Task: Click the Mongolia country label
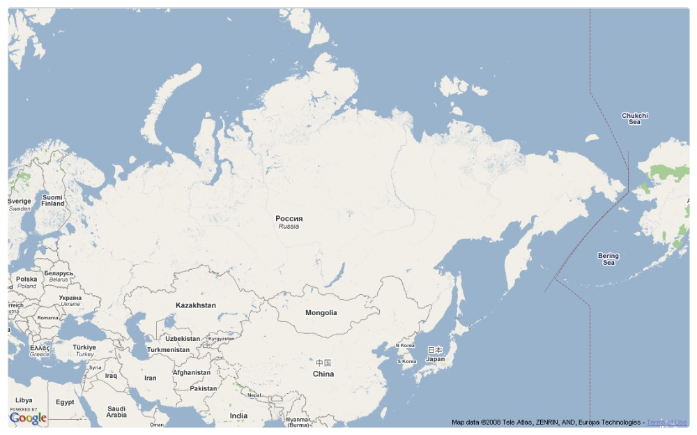pos(321,313)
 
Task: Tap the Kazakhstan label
pos(195,305)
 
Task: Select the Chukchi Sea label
pos(634,119)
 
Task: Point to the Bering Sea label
pos(608,259)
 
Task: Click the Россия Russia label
pos(289,222)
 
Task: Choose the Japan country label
pos(435,355)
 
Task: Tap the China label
pos(323,369)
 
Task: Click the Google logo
pos(28,418)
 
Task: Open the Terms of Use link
pos(666,422)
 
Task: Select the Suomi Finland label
pos(52,200)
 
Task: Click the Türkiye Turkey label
pos(84,350)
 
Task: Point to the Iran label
pos(150,378)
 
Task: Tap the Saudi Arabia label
pos(116,412)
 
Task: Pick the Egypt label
pos(65,402)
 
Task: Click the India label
pos(238,415)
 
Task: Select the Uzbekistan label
pos(183,339)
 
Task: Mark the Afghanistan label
pos(191,372)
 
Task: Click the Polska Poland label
pos(26,282)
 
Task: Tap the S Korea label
pos(406,362)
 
